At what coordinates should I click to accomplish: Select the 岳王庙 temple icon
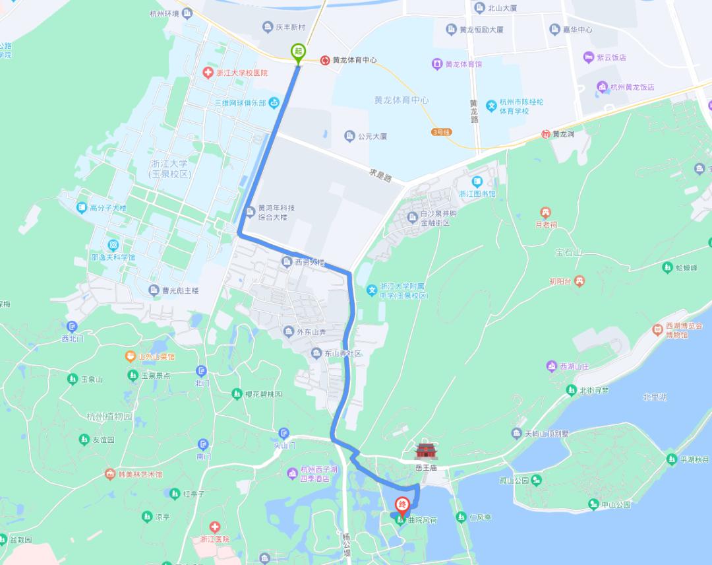[426, 451]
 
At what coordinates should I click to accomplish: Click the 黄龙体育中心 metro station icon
[325, 60]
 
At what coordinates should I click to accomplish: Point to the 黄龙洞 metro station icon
[545, 134]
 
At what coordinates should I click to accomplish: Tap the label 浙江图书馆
[477, 194]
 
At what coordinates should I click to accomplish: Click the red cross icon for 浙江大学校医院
[208, 73]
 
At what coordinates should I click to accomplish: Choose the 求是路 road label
[380, 176]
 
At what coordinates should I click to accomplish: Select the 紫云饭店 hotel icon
[589, 57]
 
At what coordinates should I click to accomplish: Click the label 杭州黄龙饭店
[632, 87]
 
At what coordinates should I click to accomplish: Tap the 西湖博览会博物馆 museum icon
[657, 329]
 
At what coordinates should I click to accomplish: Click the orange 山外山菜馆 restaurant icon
[131, 356]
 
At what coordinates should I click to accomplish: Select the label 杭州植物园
[109, 416]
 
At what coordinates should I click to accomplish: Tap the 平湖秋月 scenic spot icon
[671, 459]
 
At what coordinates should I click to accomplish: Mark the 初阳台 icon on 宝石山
[579, 281]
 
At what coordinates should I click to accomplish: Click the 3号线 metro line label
[441, 132]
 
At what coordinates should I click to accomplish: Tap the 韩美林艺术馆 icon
[109, 475]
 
